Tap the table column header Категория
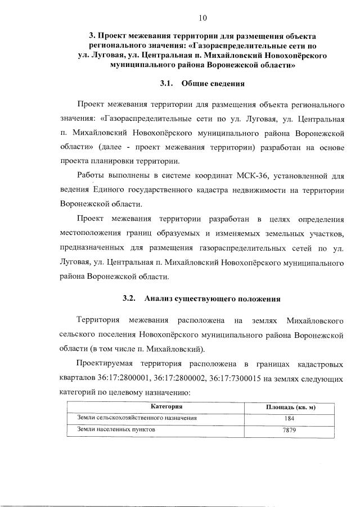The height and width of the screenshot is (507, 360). (166, 406)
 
